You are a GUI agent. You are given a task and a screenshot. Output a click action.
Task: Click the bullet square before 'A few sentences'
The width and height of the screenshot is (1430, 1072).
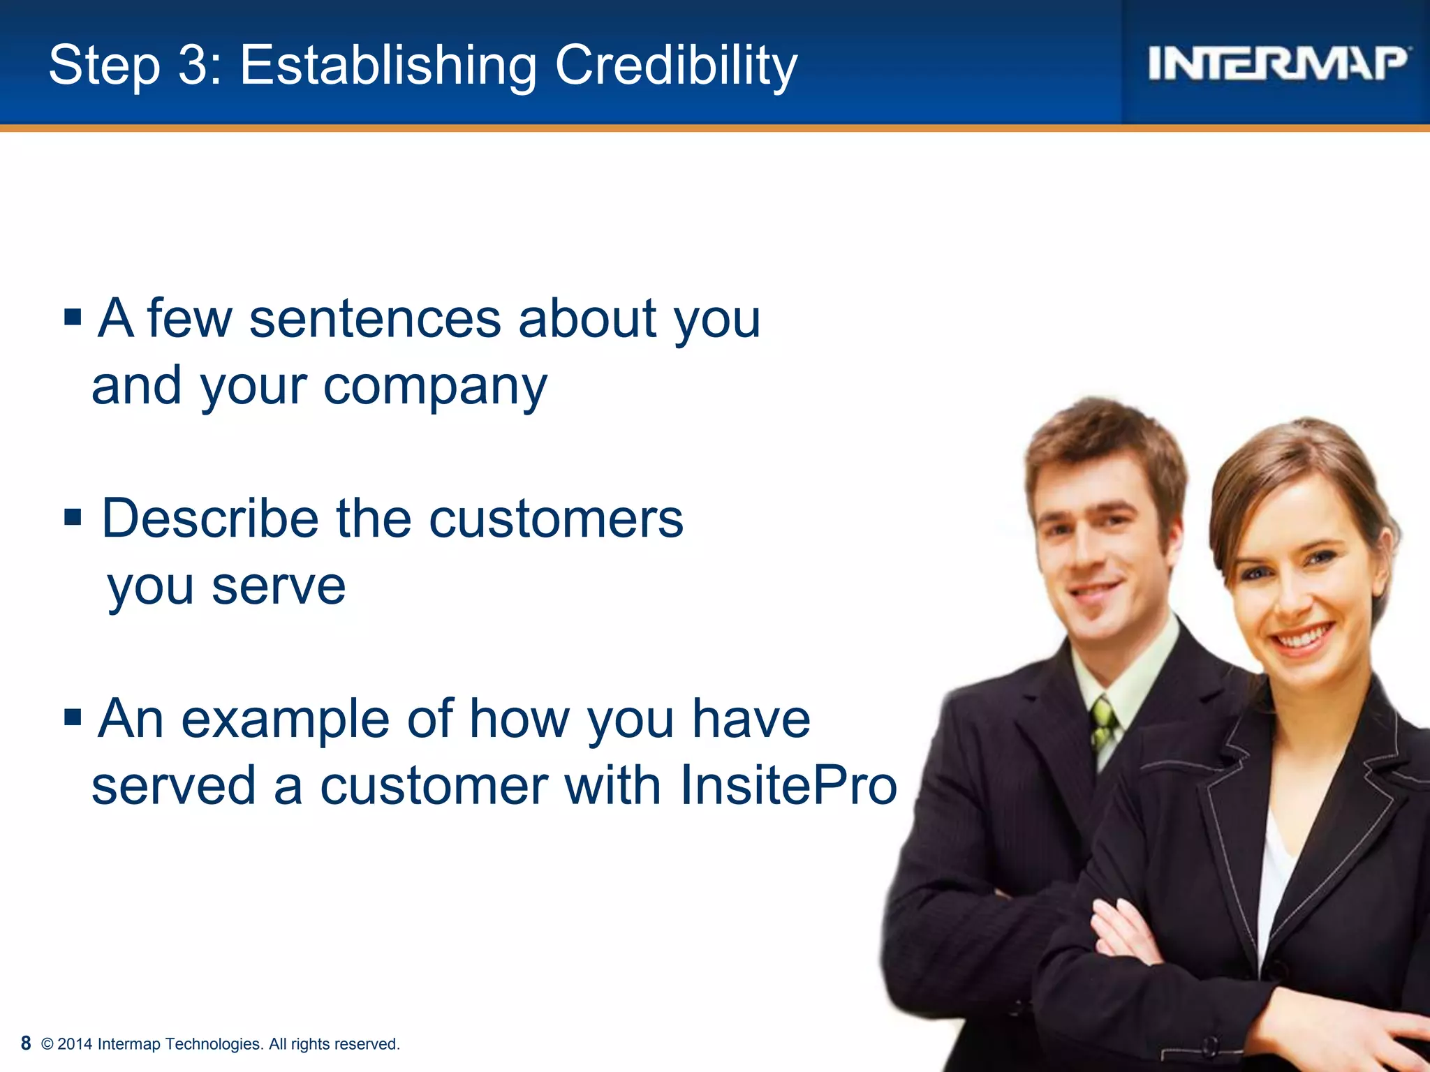73,318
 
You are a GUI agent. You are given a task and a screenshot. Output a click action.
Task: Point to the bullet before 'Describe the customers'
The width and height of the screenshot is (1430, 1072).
73,518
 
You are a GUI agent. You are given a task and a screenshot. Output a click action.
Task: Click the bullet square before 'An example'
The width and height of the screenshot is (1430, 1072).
73,717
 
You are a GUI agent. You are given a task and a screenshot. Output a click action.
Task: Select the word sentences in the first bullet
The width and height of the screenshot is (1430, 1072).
375,319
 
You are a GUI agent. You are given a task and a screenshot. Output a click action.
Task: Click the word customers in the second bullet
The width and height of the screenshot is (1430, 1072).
556,519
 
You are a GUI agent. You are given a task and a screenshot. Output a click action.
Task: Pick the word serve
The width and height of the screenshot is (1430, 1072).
279,586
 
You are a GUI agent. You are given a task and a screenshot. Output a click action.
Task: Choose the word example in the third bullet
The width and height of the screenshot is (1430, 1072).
285,720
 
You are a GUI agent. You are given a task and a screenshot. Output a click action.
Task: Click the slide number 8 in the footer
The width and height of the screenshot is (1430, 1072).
26,1043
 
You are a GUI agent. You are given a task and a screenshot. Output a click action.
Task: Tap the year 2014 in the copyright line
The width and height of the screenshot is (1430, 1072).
75,1044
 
